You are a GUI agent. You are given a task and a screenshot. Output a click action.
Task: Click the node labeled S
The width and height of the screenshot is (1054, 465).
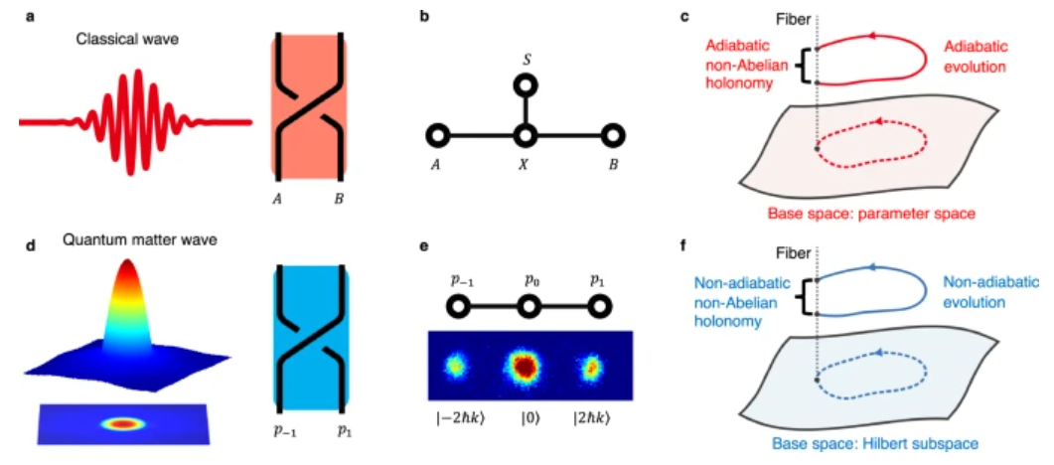tap(525, 86)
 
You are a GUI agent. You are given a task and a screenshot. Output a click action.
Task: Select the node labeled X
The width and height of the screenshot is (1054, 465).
tap(525, 136)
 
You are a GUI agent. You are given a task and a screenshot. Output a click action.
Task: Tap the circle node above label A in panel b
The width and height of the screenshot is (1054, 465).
tap(438, 136)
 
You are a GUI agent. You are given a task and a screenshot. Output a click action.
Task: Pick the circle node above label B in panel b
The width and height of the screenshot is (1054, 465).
tap(612, 136)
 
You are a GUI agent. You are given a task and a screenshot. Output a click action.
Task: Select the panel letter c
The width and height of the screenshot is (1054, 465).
tap(685, 16)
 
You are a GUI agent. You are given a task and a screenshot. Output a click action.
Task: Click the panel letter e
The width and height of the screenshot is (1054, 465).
tap(422, 246)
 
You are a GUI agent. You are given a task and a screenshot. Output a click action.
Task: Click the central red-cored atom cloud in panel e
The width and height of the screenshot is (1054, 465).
tap(525, 367)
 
